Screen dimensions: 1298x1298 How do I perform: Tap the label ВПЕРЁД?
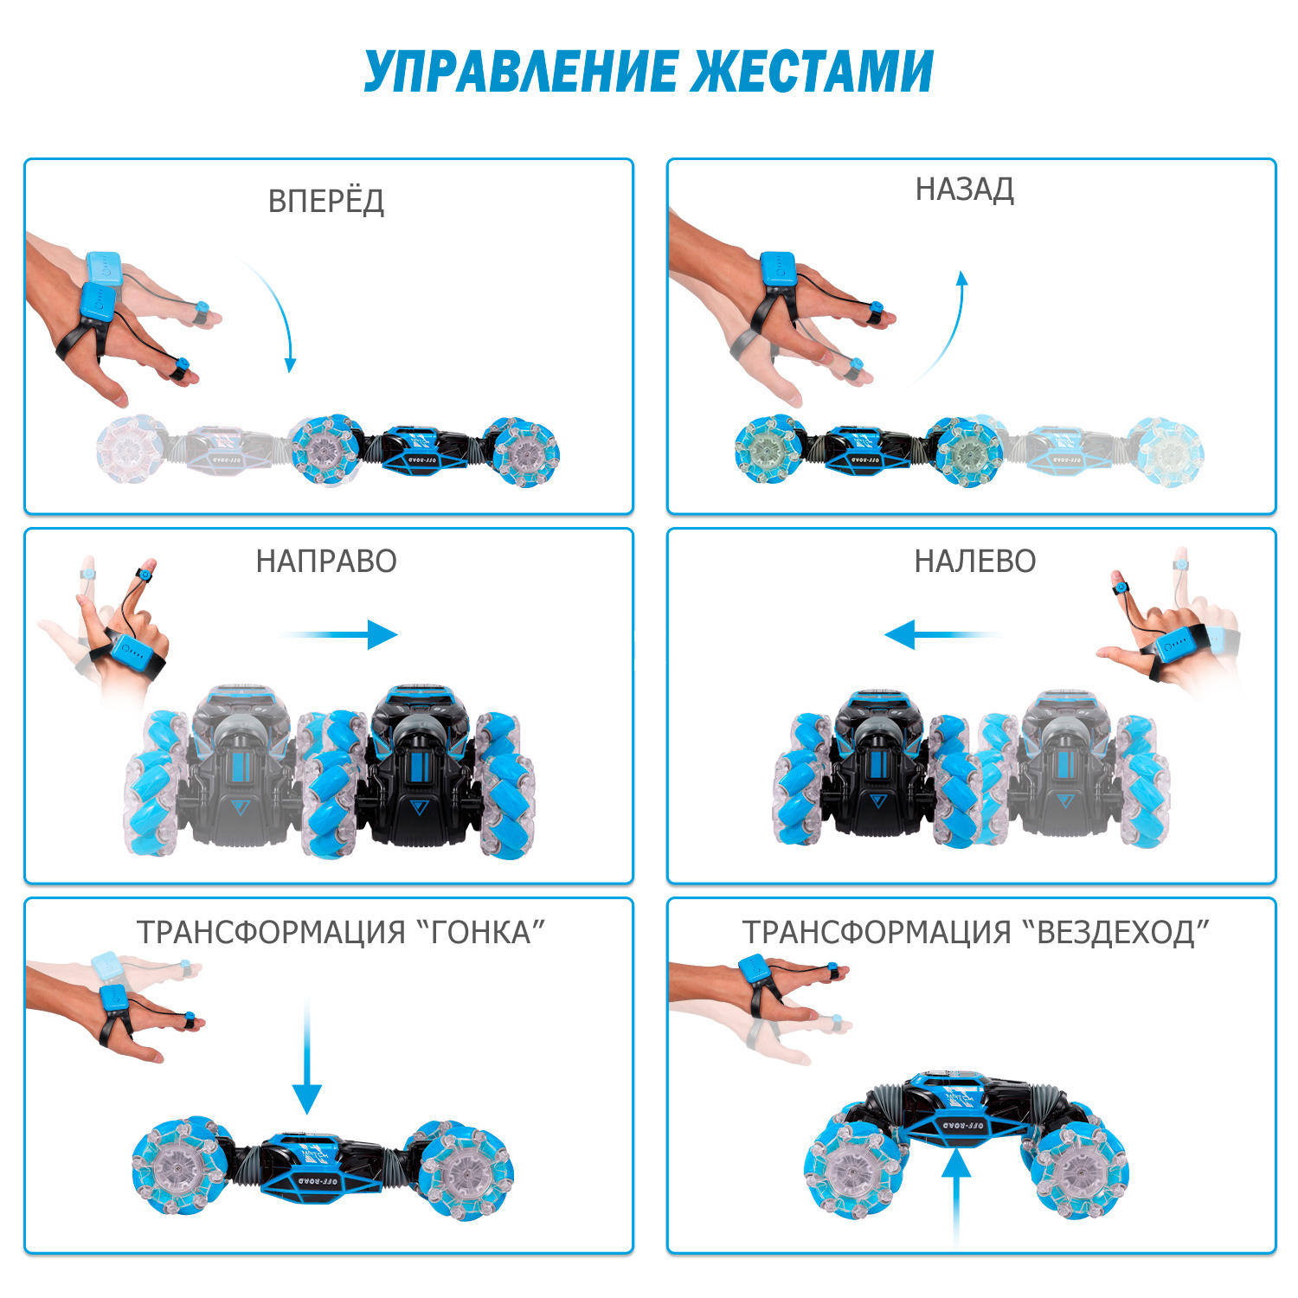click(326, 201)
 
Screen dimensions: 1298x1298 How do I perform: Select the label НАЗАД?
click(965, 190)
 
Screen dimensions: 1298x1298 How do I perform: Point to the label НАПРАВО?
click(326, 562)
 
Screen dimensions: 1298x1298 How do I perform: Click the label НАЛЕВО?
click(975, 562)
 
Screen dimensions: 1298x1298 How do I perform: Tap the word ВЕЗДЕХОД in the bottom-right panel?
click(1116, 932)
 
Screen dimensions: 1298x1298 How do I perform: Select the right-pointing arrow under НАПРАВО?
click(337, 634)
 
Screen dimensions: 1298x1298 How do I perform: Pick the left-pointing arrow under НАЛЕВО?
click(943, 634)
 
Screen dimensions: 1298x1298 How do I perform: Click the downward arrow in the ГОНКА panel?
click(306, 1056)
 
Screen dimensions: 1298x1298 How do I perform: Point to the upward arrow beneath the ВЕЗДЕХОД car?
click(956, 1198)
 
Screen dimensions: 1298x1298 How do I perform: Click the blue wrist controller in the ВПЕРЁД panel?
click(100, 286)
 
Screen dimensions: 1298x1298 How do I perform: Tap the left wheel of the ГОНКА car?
click(182, 1168)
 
